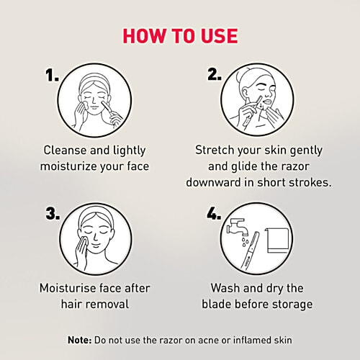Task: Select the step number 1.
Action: coord(52,75)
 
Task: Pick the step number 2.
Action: coord(215,74)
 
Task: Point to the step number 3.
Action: coord(53,213)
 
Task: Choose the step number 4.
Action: coord(214,213)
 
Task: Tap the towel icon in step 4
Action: coord(276,240)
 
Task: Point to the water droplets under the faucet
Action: coord(244,242)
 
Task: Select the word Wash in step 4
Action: coord(225,288)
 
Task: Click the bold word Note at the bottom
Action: coord(79,340)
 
